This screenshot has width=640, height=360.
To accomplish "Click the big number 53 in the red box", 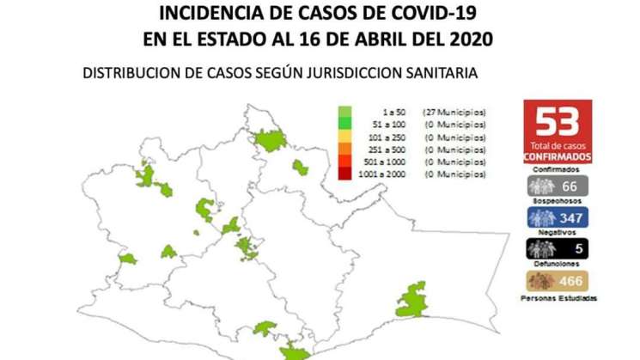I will [558, 121].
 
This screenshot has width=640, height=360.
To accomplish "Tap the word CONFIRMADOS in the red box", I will [558, 157].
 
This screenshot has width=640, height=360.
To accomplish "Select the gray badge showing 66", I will [558, 187].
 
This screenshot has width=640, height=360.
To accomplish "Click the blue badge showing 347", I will [558, 218].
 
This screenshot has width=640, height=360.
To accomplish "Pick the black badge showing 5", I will [558, 250].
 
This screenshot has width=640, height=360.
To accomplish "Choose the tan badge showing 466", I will [558, 281].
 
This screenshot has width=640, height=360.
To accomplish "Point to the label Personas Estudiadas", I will [558, 298].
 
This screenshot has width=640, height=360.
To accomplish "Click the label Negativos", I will [558, 234].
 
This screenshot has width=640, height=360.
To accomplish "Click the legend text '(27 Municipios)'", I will [454, 113].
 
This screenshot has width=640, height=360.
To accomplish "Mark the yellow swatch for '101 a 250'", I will [344, 137].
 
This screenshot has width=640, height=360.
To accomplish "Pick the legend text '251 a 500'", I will [394, 149].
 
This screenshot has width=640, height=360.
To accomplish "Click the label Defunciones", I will [558, 265].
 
